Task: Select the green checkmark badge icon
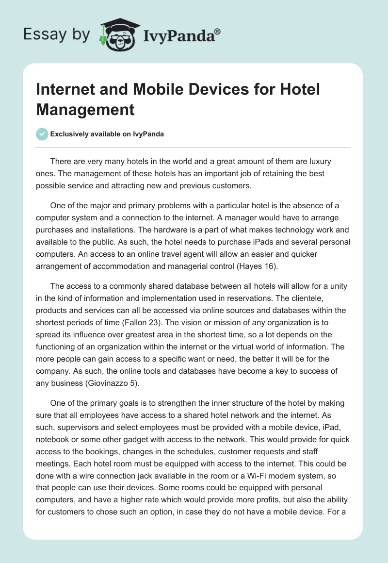(x=42, y=134)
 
